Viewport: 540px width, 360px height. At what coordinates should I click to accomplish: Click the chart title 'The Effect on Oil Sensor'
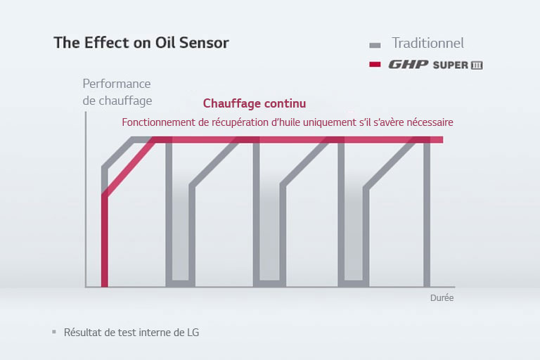click(x=141, y=42)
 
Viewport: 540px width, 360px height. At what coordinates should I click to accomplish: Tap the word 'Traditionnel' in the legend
click(x=427, y=43)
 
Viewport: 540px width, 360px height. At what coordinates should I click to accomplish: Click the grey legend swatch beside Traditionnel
click(x=375, y=44)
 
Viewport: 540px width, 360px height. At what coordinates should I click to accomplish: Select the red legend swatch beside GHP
click(x=375, y=65)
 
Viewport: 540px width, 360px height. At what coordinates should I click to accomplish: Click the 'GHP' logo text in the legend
click(x=409, y=65)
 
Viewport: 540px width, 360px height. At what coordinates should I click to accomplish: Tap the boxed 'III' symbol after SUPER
click(x=476, y=65)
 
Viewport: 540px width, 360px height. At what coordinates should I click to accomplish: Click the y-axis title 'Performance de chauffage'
click(x=117, y=92)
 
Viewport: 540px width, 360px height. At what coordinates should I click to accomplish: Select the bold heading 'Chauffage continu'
click(x=255, y=103)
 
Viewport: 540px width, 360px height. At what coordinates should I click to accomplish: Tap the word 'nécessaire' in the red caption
click(x=427, y=122)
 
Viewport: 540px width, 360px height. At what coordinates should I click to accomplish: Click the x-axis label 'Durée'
click(x=442, y=298)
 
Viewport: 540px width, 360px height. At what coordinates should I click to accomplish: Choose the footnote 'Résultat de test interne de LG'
click(x=131, y=332)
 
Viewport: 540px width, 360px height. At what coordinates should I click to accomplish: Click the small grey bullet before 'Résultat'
click(x=53, y=331)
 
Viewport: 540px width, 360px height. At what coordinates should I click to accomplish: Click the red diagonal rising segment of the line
click(x=130, y=167)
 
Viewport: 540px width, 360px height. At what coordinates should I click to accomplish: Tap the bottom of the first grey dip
click(x=180, y=283)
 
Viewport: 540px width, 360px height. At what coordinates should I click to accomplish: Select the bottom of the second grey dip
click(x=266, y=283)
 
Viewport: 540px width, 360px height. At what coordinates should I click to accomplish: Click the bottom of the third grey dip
click(x=351, y=283)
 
